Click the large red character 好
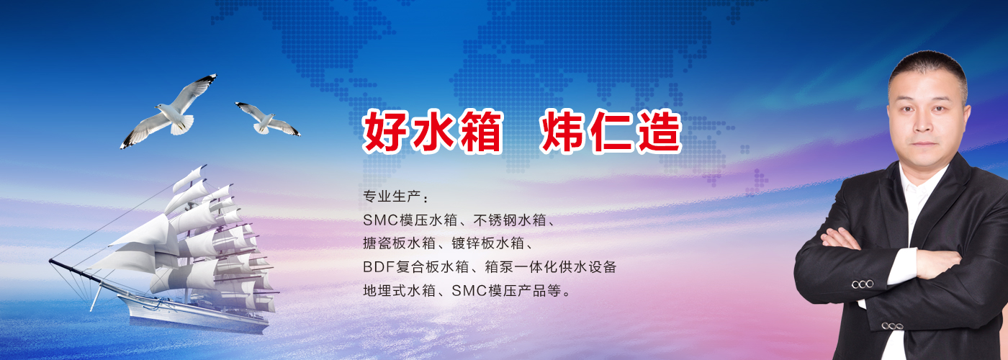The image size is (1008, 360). (x=383, y=131)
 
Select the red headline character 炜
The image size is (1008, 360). (x=562, y=131)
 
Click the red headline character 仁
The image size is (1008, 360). (x=611, y=131)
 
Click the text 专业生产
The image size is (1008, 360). (x=392, y=196)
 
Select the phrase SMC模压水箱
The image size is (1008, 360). (x=410, y=220)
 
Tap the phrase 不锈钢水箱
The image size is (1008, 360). (x=510, y=220)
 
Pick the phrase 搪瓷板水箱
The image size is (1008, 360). (x=399, y=243)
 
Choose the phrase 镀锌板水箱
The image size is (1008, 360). (x=488, y=243)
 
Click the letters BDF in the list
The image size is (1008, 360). (x=379, y=267)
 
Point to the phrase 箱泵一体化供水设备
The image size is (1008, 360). (x=550, y=267)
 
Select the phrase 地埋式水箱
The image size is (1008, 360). (x=399, y=291)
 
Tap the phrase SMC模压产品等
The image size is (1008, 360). (x=507, y=291)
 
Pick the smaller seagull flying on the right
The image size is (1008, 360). (x=268, y=119)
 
